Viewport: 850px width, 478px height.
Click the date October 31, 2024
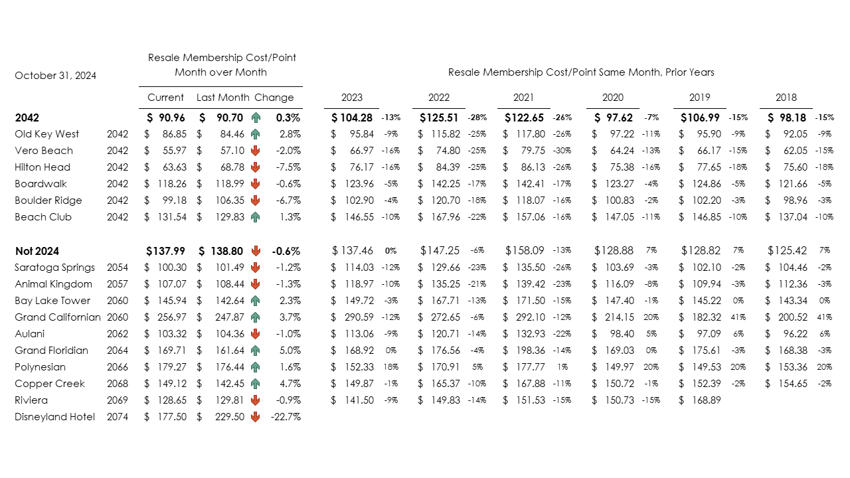coord(55,76)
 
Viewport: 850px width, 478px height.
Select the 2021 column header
coord(523,98)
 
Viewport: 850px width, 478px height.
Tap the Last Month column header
coord(223,98)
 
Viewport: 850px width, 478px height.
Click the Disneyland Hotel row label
coord(54,417)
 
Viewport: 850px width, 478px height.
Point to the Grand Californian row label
coord(58,317)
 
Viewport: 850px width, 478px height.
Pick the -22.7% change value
coord(286,417)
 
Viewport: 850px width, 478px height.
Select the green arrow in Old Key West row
coord(256,134)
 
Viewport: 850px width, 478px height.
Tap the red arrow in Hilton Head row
coord(256,167)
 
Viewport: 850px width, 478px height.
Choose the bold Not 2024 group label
coord(37,251)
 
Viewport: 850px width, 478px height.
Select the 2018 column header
coord(786,98)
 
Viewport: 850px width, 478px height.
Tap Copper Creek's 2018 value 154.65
coord(792,384)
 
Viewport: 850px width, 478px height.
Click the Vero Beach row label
coord(44,151)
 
